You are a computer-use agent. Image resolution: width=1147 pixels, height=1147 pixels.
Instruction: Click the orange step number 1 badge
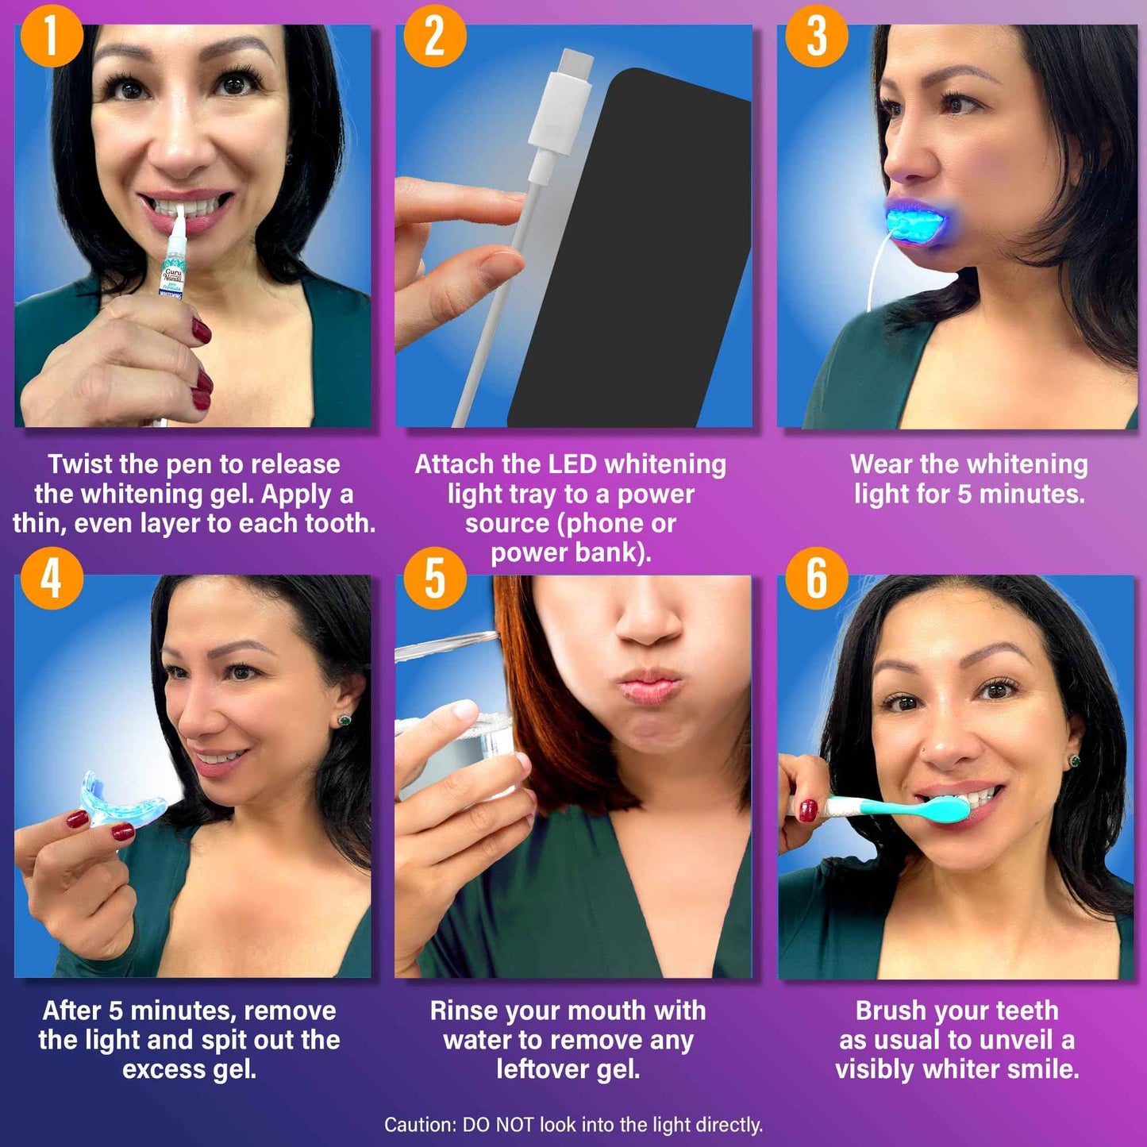coord(51,36)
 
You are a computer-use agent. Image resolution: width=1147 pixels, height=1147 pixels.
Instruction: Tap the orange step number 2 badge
coord(433,36)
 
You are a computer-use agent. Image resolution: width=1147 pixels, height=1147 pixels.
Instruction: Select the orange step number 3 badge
coord(816,36)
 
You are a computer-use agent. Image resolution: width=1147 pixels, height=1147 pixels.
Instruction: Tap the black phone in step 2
coord(635,254)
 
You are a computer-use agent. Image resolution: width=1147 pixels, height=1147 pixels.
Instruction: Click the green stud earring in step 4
coord(344,720)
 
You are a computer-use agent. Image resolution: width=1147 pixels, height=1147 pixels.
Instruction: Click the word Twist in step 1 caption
coord(80,464)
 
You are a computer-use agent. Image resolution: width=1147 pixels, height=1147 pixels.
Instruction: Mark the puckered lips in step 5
coord(649,687)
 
